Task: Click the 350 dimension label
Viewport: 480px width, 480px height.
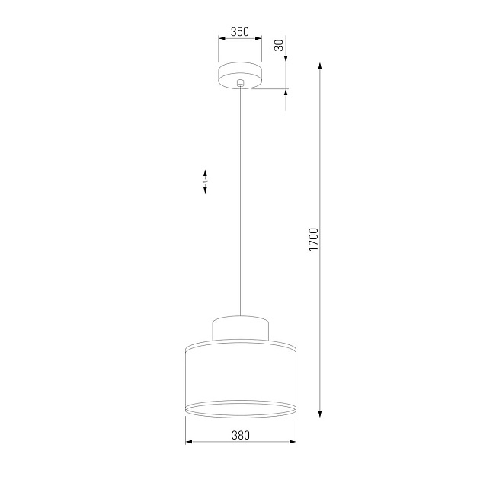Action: pyautogui.click(x=239, y=32)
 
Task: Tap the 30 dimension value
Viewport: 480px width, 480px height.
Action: pyautogui.click(x=280, y=45)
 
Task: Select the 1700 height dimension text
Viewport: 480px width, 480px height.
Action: pyautogui.click(x=313, y=240)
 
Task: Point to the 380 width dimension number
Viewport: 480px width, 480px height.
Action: pyautogui.click(x=240, y=436)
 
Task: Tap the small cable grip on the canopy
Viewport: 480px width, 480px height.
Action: pyautogui.click(x=240, y=82)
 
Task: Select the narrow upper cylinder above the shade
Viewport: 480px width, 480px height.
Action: pyautogui.click(x=240, y=328)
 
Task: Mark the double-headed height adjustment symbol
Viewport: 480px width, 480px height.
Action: pyautogui.click(x=205, y=181)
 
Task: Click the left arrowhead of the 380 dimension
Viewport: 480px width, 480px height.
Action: pyautogui.click(x=188, y=443)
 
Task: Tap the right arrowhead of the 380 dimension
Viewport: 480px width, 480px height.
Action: pyautogui.click(x=293, y=443)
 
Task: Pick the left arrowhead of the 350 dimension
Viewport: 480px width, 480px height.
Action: pyautogui.click(x=221, y=39)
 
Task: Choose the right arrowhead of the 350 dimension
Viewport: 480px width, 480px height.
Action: pyautogui.click(x=258, y=39)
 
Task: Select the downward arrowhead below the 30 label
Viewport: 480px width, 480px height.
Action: pyautogui.click(x=286, y=59)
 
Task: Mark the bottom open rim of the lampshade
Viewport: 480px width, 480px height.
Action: pyautogui.click(x=240, y=411)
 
